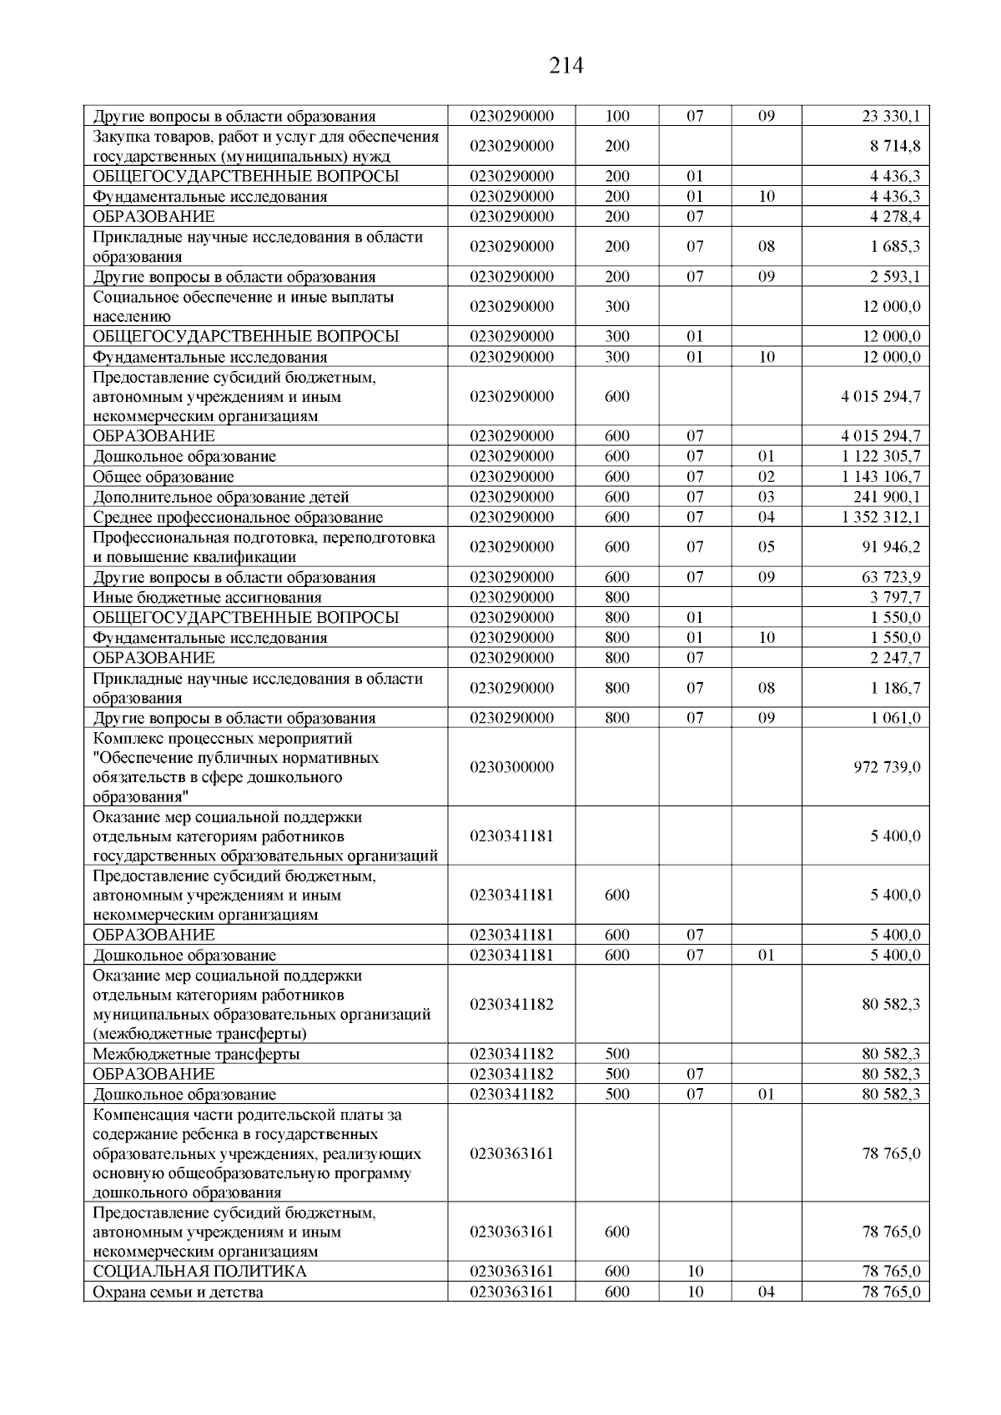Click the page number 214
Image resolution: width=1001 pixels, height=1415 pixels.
(x=566, y=66)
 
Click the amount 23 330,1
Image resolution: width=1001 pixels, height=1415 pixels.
(x=891, y=117)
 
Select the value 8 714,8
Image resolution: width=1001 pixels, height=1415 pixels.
(x=898, y=146)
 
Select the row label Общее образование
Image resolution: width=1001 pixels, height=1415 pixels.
(x=163, y=477)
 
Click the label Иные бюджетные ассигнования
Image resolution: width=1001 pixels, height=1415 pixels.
(x=207, y=598)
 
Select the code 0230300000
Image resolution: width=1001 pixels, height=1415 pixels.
(x=511, y=767)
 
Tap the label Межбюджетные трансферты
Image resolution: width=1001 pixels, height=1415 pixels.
(x=197, y=1054)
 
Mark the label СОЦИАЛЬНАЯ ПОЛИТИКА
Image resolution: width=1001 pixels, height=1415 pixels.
(x=199, y=1272)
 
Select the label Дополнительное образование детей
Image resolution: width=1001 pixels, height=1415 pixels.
(x=221, y=497)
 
